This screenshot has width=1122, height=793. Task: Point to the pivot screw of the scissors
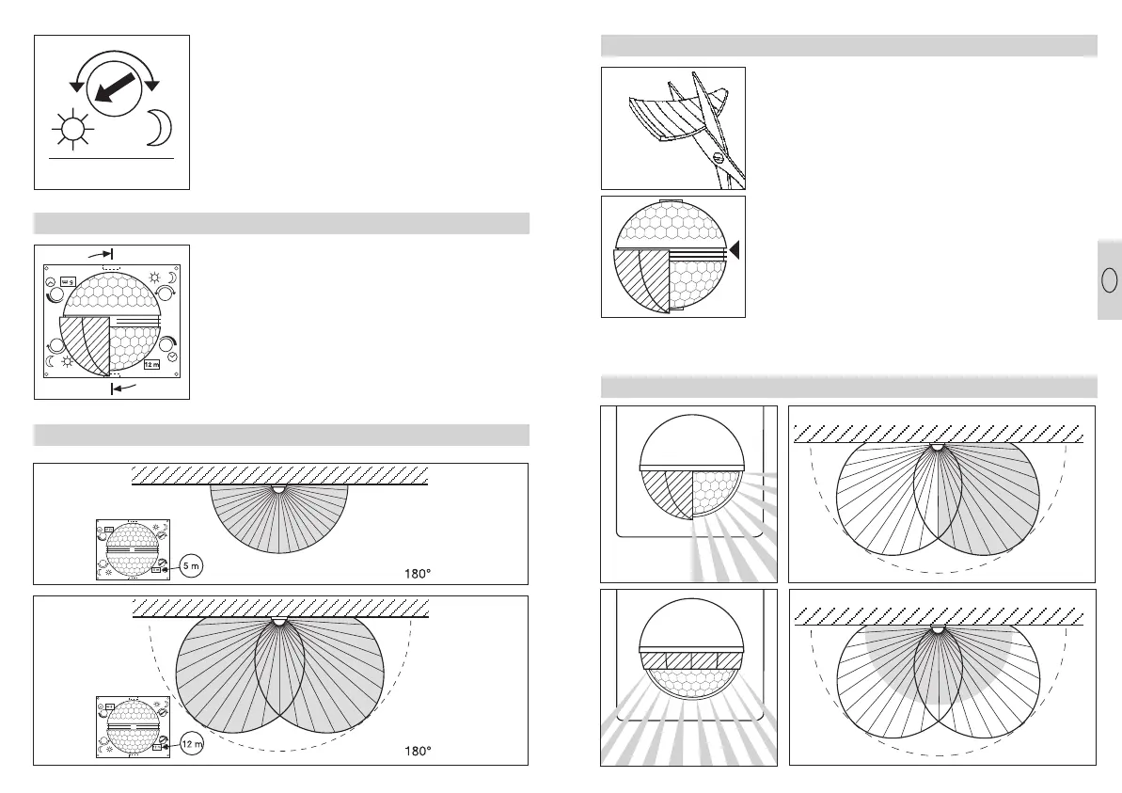pos(719,159)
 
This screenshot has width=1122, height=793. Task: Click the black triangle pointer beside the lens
pos(735,249)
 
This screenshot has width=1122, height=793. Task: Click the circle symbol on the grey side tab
pos(1109,280)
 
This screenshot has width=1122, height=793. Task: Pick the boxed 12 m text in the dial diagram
pos(151,363)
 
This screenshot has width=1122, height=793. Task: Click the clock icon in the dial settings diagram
pos(174,354)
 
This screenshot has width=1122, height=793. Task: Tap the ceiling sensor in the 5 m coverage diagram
pos(278,488)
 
